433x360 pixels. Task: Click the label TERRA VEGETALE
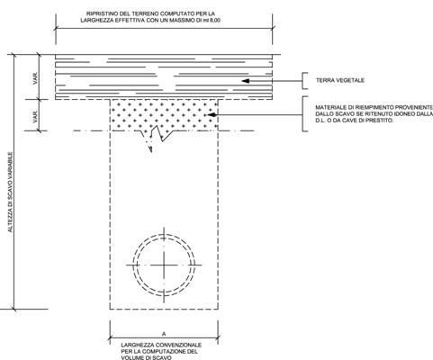pyautogui.click(x=340, y=80)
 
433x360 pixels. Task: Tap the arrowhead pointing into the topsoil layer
pyautogui.click(x=246, y=81)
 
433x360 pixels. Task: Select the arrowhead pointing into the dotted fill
pyautogui.click(x=212, y=114)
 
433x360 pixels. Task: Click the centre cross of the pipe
pyautogui.click(x=164, y=265)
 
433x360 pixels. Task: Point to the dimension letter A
pyautogui.click(x=164, y=334)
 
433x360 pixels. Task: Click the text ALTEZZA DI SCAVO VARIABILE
pyautogui.click(x=11, y=192)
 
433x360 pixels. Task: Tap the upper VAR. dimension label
pyautogui.click(x=36, y=78)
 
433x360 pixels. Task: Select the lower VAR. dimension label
pyautogui.click(x=36, y=116)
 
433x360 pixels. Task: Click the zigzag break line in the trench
pyautogui.click(x=157, y=134)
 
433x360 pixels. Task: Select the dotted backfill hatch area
pyautogui.click(x=164, y=114)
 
